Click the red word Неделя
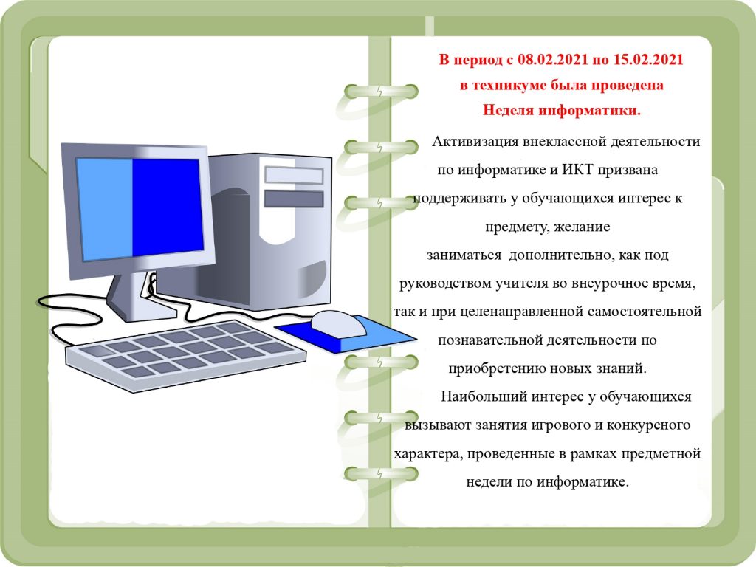click(509, 111)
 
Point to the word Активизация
click(476, 142)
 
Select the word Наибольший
click(484, 396)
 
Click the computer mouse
click(338, 323)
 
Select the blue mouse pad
click(346, 334)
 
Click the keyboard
click(185, 355)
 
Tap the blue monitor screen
click(140, 208)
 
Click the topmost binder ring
click(380, 91)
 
